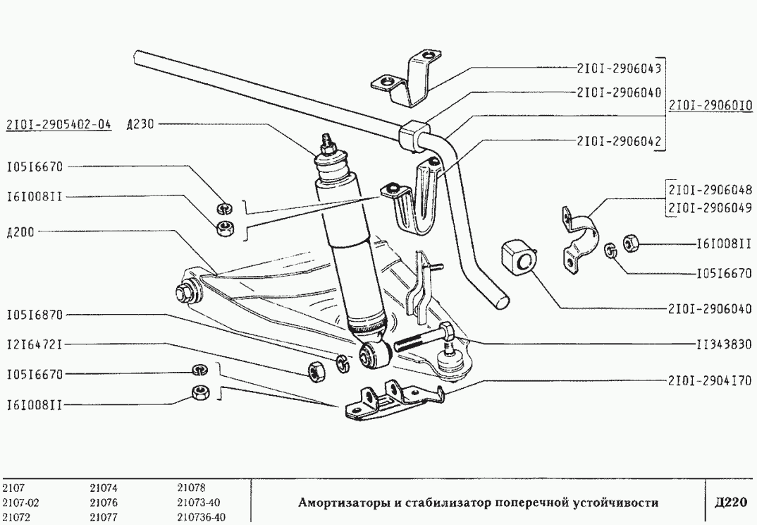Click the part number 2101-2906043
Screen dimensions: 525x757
(x=618, y=68)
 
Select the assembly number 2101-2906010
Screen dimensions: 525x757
(x=710, y=106)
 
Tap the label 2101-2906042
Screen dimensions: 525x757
(x=618, y=140)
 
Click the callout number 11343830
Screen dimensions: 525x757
(x=724, y=345)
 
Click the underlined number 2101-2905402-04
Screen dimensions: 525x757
(x=59, y=125)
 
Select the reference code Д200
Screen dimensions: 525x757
(x=20, y=231)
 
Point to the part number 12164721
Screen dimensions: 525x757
(x=35, y=344)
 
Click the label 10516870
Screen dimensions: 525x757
(x=35, y=315)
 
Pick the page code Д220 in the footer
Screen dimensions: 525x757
(x=730, y=502)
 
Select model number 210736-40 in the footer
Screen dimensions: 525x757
(x=201, y=516)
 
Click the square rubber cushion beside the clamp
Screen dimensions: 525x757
(x=519, y=259)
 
